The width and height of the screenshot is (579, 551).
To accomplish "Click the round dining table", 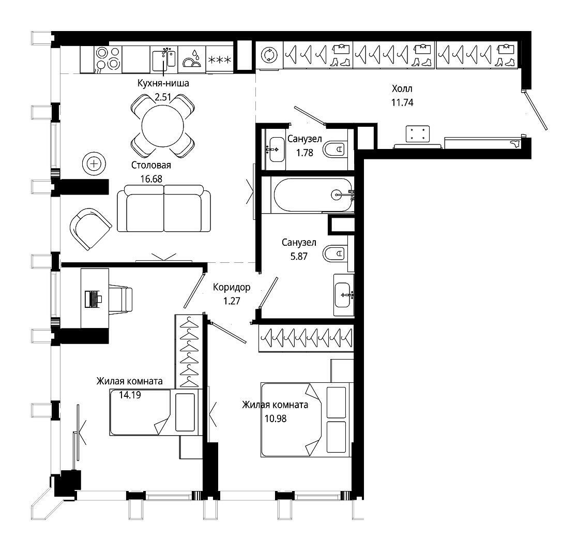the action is tap(162, 126).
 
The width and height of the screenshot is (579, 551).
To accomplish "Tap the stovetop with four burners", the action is tap(108, 59).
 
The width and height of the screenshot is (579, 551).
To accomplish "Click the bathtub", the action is tap(314, 195).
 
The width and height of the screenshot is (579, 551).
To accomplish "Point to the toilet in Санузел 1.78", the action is tap(334, 150).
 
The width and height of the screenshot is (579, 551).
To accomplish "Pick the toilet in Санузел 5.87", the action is tap(334, 254).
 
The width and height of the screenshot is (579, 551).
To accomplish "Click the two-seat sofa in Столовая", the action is tap(164, 209).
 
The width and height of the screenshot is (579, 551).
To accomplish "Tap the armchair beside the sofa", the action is tap(90, 229).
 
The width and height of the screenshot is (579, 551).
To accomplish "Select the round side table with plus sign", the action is tap(94, 163).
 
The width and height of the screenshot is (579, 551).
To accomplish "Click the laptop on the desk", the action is tap(93, 299).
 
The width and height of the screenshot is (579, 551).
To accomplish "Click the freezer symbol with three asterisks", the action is tap(219, 59).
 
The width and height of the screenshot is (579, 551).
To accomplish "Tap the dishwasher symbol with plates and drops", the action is tap(192, 59).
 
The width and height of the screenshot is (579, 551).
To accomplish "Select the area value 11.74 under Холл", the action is tap(402, 102).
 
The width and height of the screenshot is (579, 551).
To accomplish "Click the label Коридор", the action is tap(232, 287).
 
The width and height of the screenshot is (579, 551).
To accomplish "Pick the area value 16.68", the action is tap(151, 179).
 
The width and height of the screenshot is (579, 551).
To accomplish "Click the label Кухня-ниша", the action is tap(163, 83).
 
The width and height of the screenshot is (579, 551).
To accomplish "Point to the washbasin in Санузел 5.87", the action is tap(343, 295).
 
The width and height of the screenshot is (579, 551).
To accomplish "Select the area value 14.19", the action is tap(130, 395).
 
